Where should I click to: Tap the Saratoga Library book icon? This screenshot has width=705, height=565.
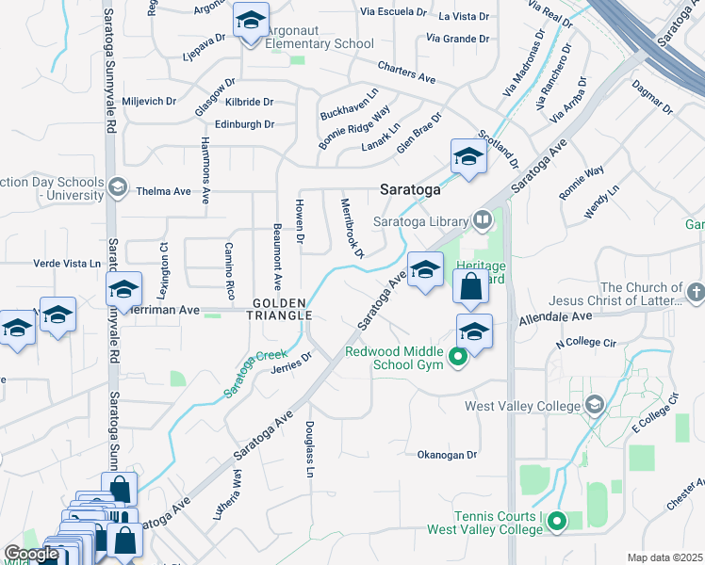pos(484,219)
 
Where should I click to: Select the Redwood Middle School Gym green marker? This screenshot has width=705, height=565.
pos(458,356)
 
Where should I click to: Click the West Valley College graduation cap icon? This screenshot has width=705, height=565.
pos(594,406)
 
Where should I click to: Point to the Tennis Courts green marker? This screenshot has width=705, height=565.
pos(557,520)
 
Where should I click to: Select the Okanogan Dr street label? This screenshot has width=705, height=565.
pos(448,454)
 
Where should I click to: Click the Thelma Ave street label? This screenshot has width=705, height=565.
pos(163,191)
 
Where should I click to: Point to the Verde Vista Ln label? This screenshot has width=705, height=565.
pos(67,264)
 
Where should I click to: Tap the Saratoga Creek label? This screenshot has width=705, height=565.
pos(255,373)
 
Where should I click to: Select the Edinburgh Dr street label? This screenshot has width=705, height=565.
pos(244,124)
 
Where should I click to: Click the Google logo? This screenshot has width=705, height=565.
pos(31,554)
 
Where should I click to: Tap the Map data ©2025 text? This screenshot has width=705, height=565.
pos(664,557)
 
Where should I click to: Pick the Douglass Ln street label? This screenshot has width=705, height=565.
pos(309,448)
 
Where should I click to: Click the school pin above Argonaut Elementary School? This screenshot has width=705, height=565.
pos(252,21)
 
